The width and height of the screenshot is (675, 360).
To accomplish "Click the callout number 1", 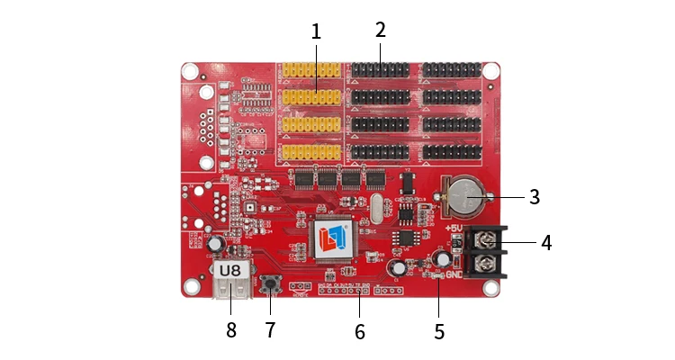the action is [316, 31].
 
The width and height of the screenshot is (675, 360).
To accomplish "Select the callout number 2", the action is [381, 30].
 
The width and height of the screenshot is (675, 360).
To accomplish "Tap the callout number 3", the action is [534, 197].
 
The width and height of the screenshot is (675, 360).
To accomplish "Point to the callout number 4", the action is [546, 242].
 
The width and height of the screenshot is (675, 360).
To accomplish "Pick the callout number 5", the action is [439, 331].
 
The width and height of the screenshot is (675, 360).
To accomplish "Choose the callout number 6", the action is [360, 331].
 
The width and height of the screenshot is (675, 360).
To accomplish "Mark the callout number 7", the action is [270, 329].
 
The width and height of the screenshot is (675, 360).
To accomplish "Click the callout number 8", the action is [231, 329].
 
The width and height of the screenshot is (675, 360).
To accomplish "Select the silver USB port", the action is [230, 292].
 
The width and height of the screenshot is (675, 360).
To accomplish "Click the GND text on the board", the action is [454, 275].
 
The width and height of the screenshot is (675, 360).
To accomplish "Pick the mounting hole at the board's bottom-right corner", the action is [490, 288].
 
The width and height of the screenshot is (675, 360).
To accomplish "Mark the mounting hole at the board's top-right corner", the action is [490, 70].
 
